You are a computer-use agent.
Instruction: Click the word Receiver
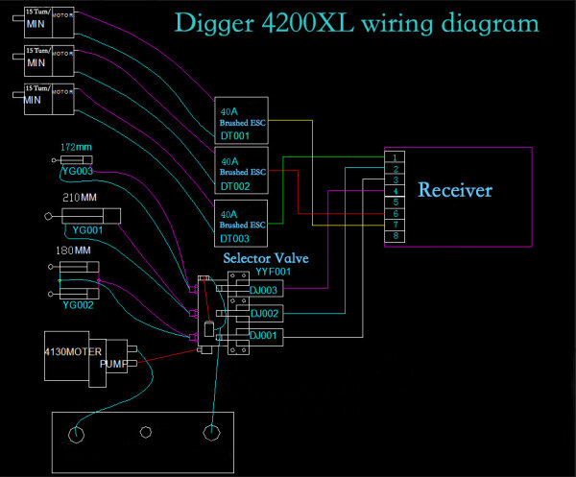pos(455,190)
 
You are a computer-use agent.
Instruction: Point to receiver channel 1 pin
pos(396,156)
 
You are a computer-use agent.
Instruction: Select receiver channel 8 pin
pos(396,236)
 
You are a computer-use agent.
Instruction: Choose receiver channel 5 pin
pos(396,202)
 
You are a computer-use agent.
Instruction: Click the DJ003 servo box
pos(264,290)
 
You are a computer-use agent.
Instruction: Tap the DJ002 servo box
pos(264,313)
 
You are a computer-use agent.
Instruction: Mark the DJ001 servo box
pos(264,335)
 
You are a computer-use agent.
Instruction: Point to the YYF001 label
pos(273,272)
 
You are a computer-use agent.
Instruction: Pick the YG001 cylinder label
pos(88,230)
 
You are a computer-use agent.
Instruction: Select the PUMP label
pos(113,365)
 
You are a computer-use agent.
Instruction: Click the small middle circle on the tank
pos(146,432)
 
